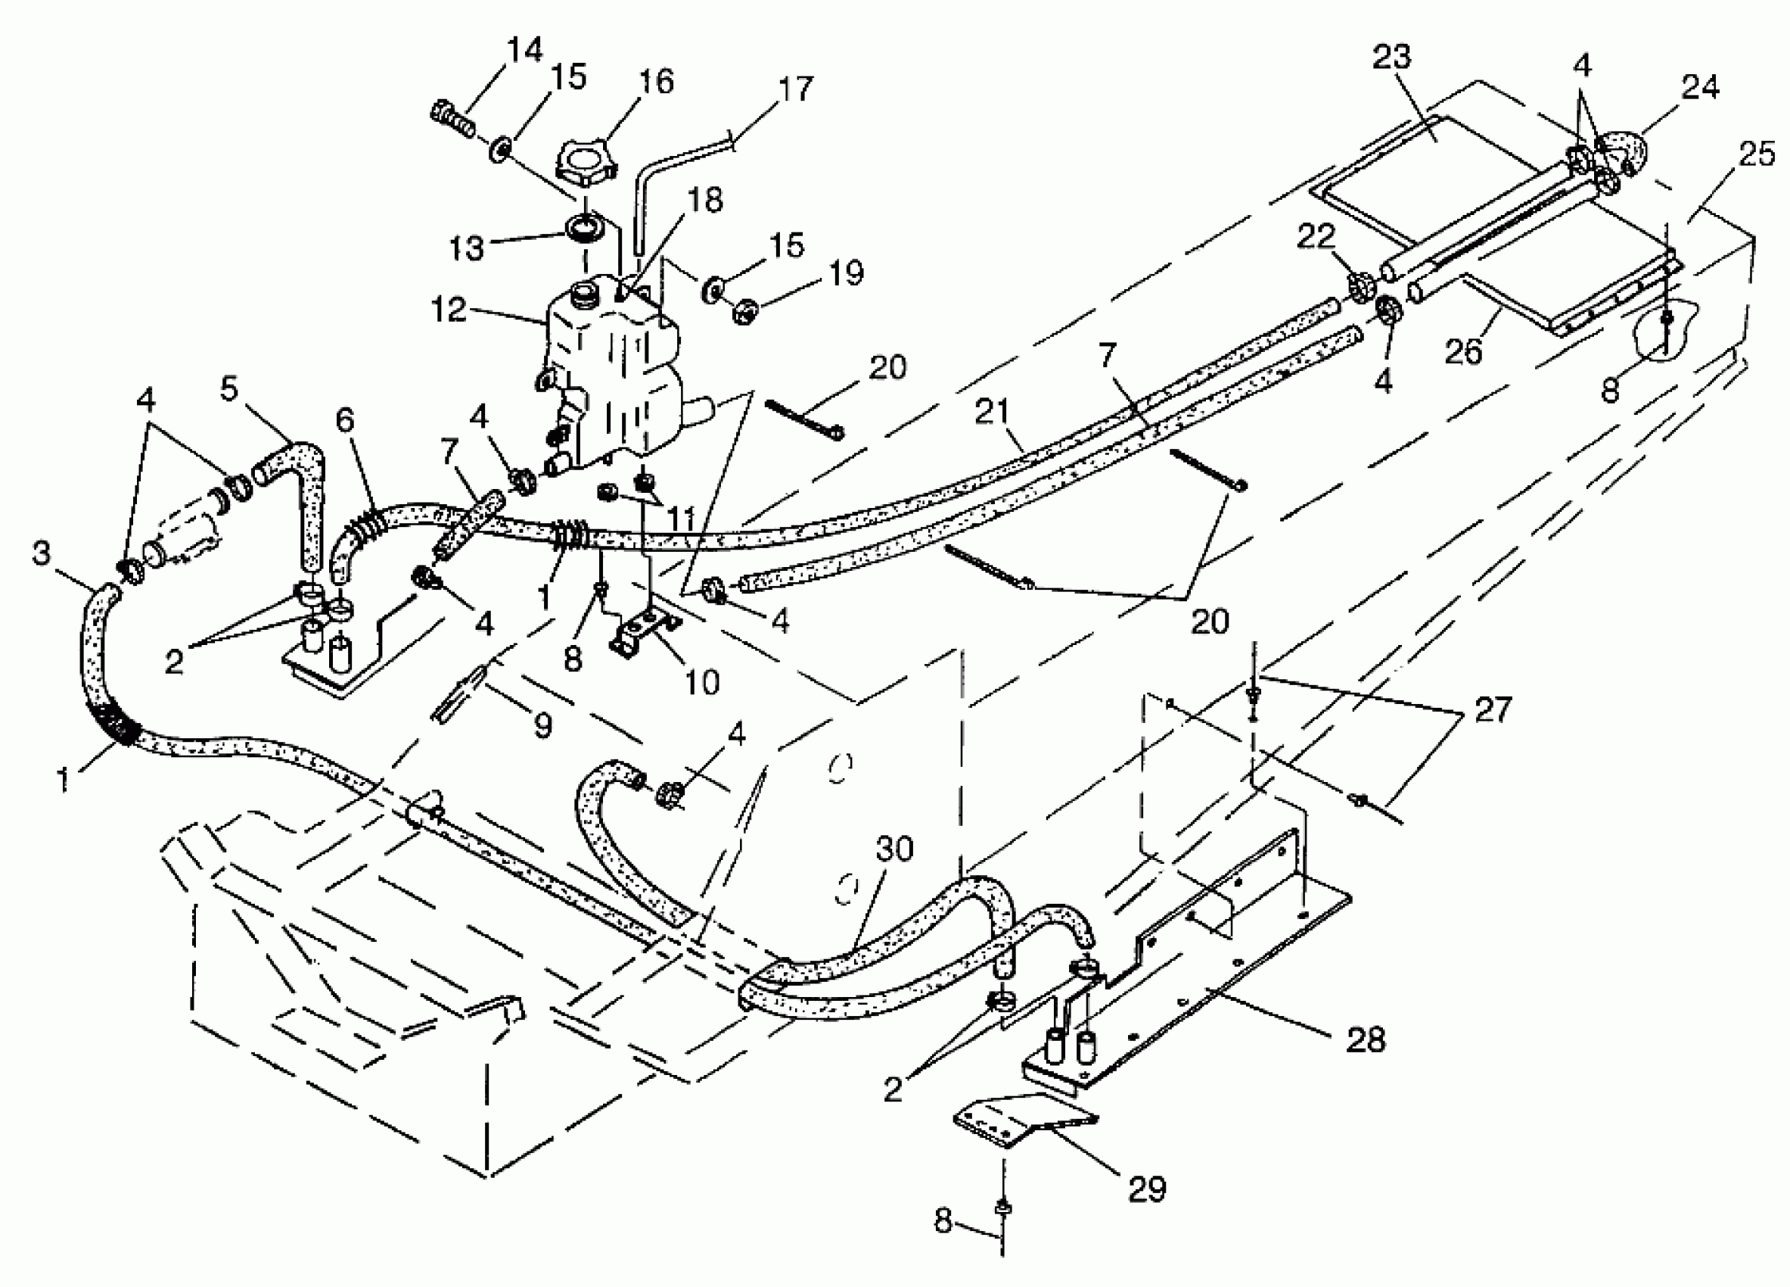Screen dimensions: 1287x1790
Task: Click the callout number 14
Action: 525,50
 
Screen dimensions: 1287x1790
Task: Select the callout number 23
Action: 1391,57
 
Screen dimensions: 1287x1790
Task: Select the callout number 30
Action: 894,849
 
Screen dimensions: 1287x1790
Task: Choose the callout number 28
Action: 1366,1040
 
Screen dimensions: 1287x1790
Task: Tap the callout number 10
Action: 701,681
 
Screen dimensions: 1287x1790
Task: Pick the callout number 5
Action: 229,388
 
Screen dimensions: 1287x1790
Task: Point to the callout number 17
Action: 795,89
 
